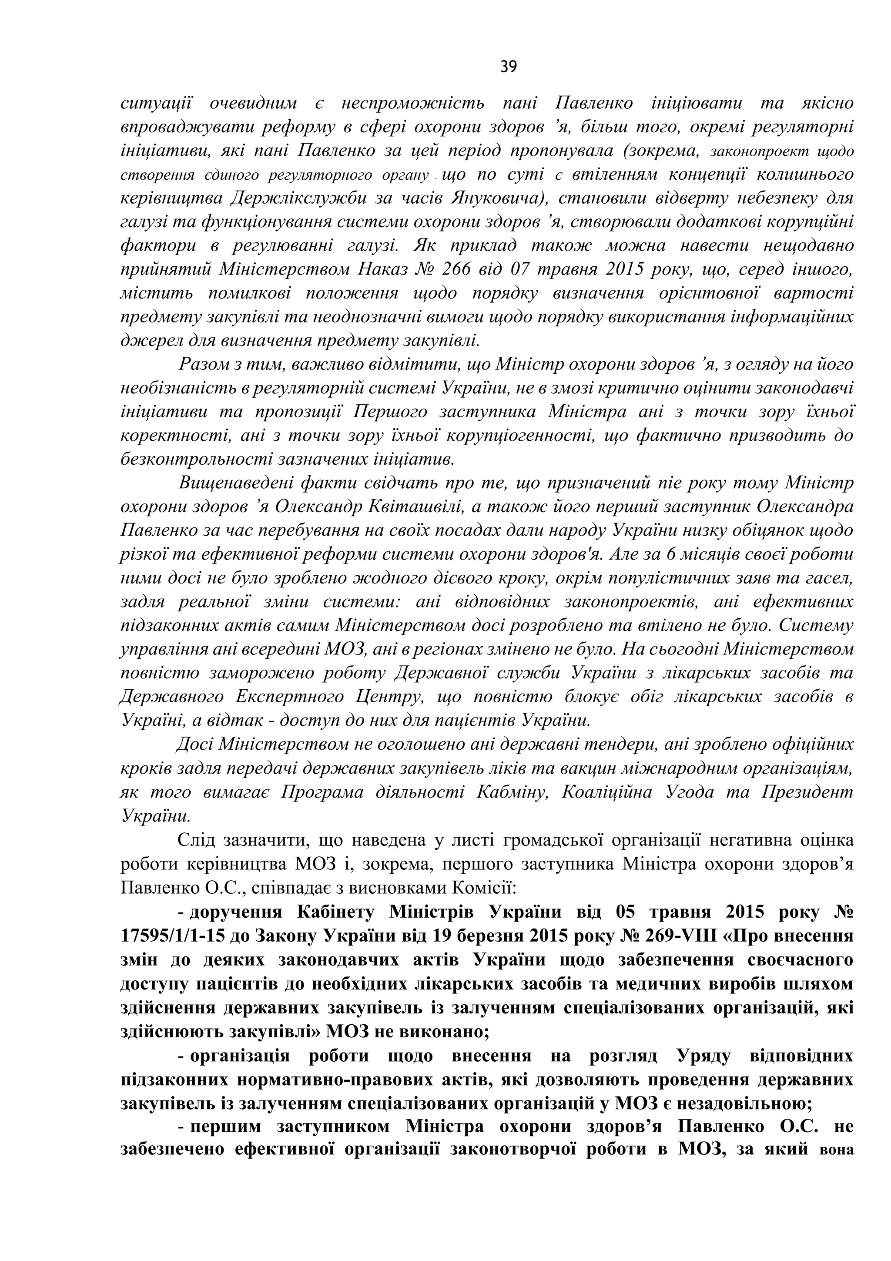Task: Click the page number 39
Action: pyautogui.click(x=508, y=67)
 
